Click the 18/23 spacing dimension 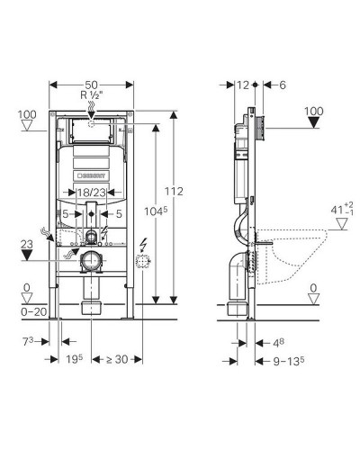[x=92, y=193]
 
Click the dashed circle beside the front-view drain [x=141, y=265]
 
